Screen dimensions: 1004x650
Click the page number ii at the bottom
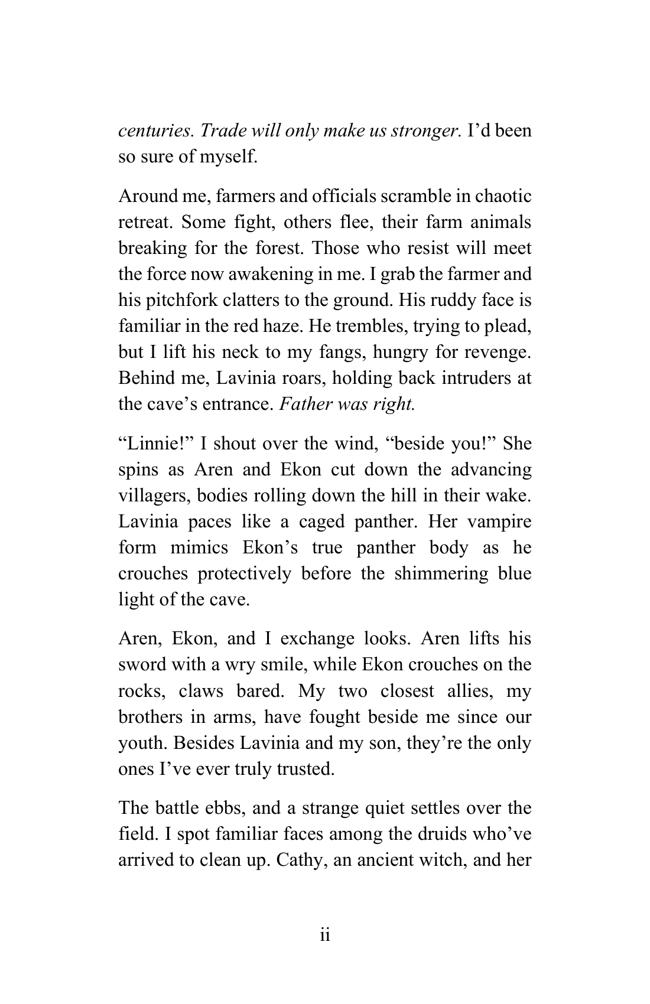[324, 935]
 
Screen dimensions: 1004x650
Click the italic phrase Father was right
[347, 404]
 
